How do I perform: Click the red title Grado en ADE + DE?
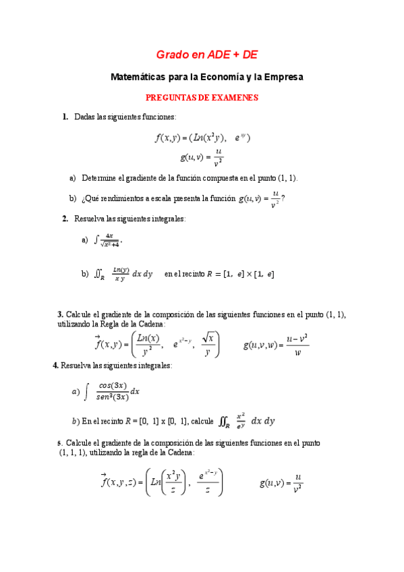pos(207,54)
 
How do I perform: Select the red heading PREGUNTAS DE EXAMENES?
pos(202,98)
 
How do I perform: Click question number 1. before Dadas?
pos(65,117)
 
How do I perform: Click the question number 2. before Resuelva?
pos(65,219)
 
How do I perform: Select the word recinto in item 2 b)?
pos(190,274)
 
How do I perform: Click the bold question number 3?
pos(60,314)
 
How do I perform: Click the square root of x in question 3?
pos(209,337)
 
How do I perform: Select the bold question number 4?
pos(55,365)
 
